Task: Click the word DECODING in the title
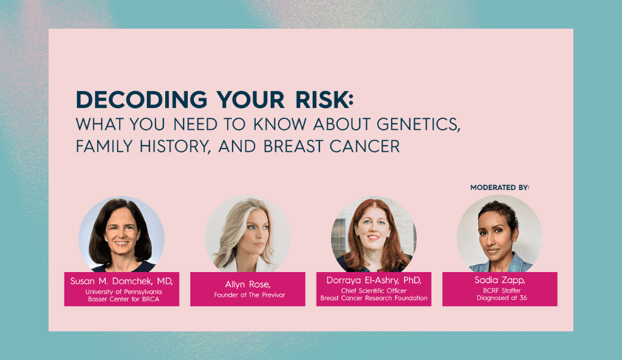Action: click(142, 100)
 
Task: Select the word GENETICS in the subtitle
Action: click(419, 124)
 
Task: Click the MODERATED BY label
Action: click(500, 188)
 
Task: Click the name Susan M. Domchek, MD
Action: click(121, 281)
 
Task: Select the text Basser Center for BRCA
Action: click(123, 299)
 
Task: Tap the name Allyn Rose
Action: click(248, 284)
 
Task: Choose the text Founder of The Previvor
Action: click(250, 295)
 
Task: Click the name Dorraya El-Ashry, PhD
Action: click(374, 280)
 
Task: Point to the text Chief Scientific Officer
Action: click(374, 291)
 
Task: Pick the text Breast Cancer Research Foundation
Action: click(374, 298)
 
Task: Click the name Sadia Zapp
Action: click(500, 280)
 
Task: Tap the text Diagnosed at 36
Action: click(502, 297)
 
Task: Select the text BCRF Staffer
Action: click(502, 291)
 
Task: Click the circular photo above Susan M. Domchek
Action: click(121, 234)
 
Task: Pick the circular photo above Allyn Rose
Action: click(248, 234)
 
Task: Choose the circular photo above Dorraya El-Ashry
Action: click(374, 234)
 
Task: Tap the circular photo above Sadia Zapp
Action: click(500, 234)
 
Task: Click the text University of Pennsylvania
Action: click(123, 292)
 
